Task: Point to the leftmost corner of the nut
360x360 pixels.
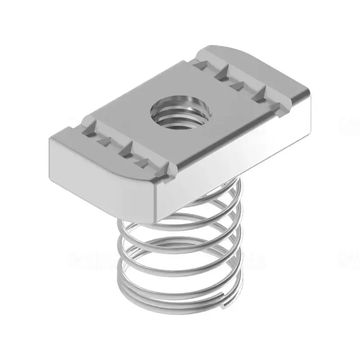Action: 49,139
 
